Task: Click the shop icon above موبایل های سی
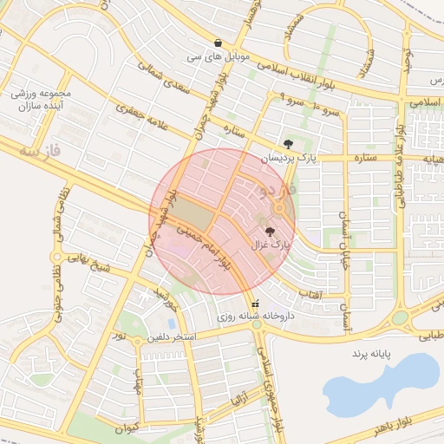pyautogui.click(x=218, y=42)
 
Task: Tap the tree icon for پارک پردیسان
pyautogui.click(x=288, y=144)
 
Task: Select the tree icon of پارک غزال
pyautogui.click(x=270, y=232)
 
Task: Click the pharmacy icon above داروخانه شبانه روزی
pyautogui.click(x=255, y=304)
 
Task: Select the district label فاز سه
pyautogui.click(x=41, y=152)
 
